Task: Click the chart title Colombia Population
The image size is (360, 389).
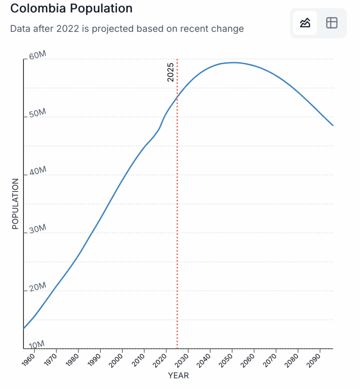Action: (x=71, y=8)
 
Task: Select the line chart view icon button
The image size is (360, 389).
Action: (x=305, y=23)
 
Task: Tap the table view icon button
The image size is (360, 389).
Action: (x=332, y=23)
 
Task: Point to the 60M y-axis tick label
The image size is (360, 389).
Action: (x=37, y=56)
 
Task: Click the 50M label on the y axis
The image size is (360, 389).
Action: (x=37, y=114)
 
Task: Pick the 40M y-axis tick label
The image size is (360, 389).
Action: (x=37, y=172)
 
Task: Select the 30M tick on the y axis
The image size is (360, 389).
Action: (x=37, y=229)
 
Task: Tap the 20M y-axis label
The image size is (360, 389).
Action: (x=37, y=287)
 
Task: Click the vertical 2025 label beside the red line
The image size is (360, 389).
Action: (x=171, y=72)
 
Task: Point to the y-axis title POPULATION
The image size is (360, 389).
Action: (x=15, y=204)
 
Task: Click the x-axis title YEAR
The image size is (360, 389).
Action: (x=178, y=376)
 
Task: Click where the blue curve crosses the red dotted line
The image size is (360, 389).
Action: (x=177, y=98)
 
